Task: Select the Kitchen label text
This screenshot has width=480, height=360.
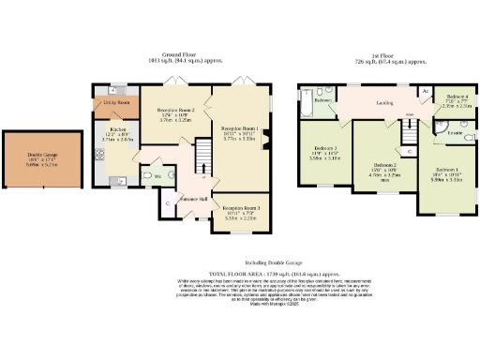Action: click(x=117, y=129)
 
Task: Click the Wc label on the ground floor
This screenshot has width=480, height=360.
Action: click(x=157, y=175)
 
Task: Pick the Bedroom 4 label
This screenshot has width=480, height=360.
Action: click(x=457, y=97)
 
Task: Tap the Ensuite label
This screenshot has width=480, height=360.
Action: click(x=453, y=134)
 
